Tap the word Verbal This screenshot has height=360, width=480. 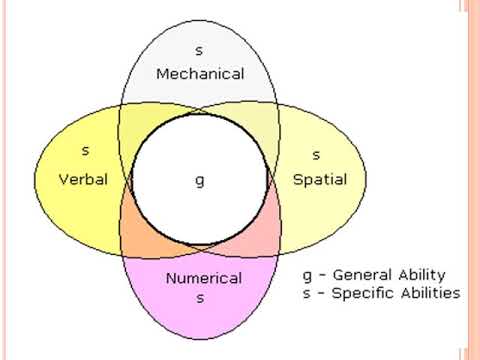coord(84,180)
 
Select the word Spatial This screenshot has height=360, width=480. coord(319,180)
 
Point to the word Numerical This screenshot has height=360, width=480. coord(203,278)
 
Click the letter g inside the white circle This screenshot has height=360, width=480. coord(199,181)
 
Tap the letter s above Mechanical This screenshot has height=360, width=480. coord(200,49)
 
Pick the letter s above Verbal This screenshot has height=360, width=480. coord(84,153)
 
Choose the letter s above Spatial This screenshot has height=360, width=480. coord(316,155)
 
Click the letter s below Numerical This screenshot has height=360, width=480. coord(201,298)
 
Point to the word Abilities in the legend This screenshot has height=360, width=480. coord(427,293)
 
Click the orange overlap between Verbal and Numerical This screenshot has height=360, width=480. coord(139,235)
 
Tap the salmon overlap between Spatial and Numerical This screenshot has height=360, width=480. coord(259,235)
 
